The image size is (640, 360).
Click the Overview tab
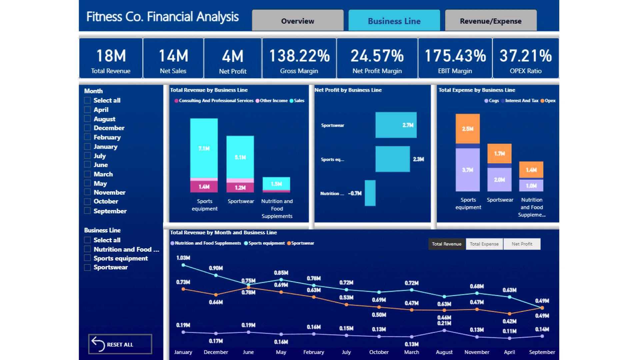[298, 21]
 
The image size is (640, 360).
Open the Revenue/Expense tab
[491, 21]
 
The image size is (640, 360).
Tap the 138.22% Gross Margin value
[299, 56]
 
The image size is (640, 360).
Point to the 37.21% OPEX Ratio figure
[526, 56]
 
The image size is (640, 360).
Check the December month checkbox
[88, 128]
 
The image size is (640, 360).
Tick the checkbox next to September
[88, 211]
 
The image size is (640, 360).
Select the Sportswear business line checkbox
[88, 267]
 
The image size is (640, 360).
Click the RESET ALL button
[120, 344]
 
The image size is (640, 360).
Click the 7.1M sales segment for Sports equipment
[204, 148]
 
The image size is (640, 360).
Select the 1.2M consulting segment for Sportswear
[240, 187]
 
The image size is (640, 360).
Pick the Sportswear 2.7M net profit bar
[396, 125]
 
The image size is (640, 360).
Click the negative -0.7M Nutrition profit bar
[370, 193]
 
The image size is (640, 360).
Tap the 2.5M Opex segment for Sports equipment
[468, 129]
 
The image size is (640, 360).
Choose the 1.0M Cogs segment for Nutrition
[531, 186]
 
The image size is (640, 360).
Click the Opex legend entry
[548, 101]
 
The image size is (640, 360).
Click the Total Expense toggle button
[484, 244]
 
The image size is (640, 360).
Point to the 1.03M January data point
[183, 265]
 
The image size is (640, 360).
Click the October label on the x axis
[379, 352]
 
